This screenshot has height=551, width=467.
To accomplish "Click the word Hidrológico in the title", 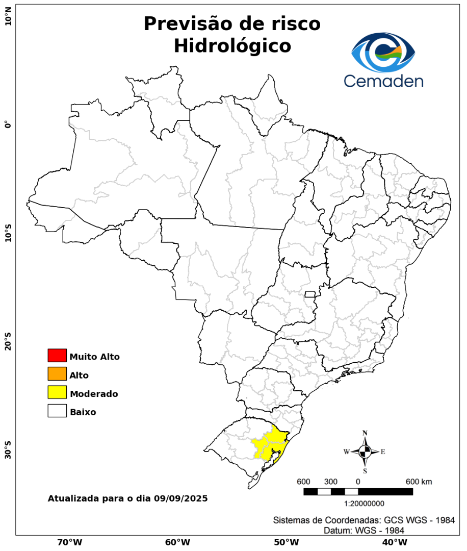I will (232, 46).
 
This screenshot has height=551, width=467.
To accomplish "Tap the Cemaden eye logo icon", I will (383, 53).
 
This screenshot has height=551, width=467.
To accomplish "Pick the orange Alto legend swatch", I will (57, 374).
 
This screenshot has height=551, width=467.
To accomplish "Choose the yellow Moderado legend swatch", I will (57, 392).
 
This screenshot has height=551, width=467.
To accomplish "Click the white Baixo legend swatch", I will (57, 411).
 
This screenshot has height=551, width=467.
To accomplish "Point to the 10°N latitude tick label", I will (8, 20).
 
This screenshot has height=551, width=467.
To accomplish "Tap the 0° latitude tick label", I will (8, 124).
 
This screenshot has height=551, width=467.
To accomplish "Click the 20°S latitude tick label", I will (8, 341).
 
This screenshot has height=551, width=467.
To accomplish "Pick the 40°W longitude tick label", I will (394, 542).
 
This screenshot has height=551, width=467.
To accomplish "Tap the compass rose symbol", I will (365, 452).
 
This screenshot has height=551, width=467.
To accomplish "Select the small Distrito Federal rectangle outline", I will (310, 294).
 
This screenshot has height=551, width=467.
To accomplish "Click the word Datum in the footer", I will (336, 531).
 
